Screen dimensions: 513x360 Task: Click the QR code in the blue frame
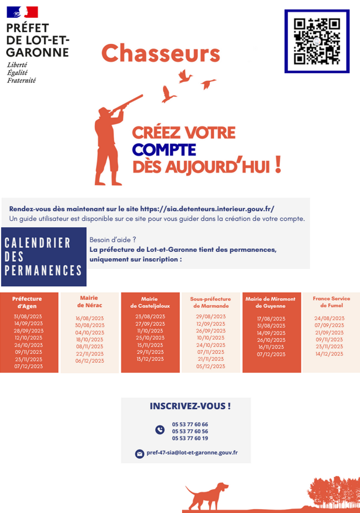tap(317, 41)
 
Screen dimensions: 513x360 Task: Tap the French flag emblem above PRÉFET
tap(22, 12)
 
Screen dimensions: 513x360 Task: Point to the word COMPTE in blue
tap(164, 150)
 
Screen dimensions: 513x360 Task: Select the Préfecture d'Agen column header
tap(27, 302)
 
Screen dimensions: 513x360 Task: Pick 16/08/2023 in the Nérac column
tap(89, 318)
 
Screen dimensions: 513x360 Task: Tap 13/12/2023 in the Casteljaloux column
tap(151, 359)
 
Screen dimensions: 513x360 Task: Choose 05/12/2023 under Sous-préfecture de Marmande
tap(211, 366)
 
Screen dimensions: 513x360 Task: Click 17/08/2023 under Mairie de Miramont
tap(271, 319)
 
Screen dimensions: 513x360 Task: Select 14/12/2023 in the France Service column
tap(329, 354)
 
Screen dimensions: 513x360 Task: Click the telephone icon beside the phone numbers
tap(160, 430)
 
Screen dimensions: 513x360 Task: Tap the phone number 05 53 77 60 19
tap(190, 438)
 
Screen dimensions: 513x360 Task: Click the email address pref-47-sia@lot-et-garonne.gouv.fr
tap(192, 453)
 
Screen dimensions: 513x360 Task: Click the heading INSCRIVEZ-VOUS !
tap(190, 406)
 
